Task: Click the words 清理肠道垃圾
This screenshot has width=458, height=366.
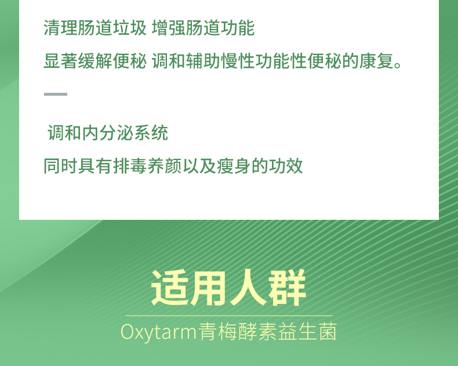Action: tap(95, 28)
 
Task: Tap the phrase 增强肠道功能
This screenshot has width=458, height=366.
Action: tap(203, 28)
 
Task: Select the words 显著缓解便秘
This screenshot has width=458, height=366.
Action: tap(95, 61)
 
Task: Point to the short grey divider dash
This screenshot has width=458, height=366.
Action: tap(56, 94)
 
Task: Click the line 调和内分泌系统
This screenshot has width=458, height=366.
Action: tap(108, 133)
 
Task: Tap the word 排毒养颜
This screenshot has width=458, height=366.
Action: tap(147, 166)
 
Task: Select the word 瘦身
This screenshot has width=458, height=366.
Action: tap(234, 166)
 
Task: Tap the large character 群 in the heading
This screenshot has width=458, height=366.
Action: tap(287, 288)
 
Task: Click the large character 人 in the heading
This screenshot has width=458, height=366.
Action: tap(248, 288)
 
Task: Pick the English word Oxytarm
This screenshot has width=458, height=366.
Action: tap(158, 332)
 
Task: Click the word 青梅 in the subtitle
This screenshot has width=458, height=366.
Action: tap(217, 332)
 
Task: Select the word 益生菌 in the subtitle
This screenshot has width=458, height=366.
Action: tap(307, 332)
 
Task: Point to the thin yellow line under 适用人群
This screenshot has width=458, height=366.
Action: tap(230, 316)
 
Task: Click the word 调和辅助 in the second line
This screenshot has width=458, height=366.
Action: tap(186, 61)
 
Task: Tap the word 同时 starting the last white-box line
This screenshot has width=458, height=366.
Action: tap(60, 166)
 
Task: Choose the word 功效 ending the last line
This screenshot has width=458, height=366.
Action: tap(286, 166)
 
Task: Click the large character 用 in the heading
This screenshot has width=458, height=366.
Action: tap(209, 288)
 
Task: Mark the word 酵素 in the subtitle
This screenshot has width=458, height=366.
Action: tap(257, 332)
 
